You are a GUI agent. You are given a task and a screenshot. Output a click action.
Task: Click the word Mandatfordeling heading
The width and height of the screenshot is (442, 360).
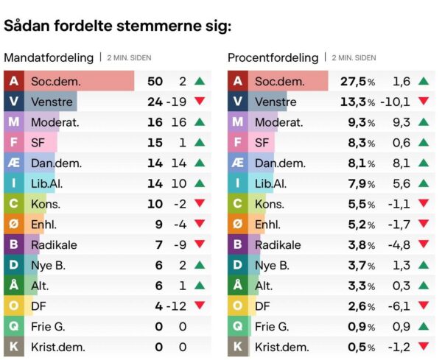pyautogui.click(x=49, y=57)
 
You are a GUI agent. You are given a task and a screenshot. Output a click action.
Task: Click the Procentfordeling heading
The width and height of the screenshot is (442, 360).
pyautogui.click(x=273, y=57)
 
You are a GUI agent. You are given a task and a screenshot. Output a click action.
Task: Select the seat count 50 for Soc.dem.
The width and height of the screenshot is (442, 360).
pyautogui.click(x=155, y=82)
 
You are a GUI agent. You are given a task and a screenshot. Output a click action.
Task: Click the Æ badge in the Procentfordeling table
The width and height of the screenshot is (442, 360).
pyautogui.click(x=236, y=163)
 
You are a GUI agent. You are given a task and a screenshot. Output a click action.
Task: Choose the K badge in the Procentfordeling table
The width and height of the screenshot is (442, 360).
pyautogui.click(x=236, y=346)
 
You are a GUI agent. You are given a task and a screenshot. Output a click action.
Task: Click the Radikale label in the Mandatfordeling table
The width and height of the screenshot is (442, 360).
pyautogui.click(x=54, y=244)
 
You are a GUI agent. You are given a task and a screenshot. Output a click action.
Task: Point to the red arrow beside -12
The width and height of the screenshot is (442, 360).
pyautogui.click(x=200, y=306)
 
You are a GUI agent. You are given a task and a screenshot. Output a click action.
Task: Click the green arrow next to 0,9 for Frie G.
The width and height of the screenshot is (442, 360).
pyautogui.click(x=423, y=325)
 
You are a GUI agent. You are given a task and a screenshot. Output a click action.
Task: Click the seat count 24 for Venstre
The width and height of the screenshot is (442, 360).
pyautogui.click(x=155, y=102)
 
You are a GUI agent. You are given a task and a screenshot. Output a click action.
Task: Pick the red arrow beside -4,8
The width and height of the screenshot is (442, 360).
pyautogui.click(x=423, y=244)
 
